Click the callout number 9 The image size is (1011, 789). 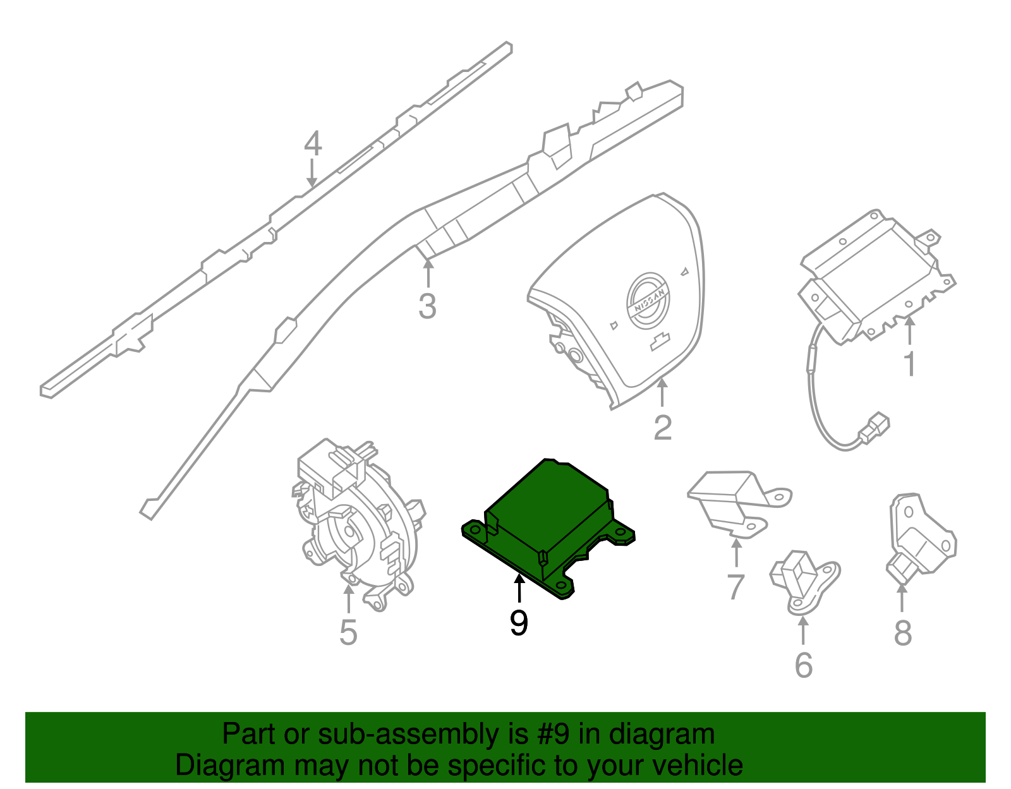(518, 623)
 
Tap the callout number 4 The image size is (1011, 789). (313, 144)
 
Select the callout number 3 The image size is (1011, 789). (428, 306)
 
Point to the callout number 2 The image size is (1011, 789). (662, 428)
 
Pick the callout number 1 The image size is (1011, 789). (909, 364)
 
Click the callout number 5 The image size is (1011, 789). (348, 632)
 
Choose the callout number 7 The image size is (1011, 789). (736, 587)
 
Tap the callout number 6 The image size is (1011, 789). (803, 665)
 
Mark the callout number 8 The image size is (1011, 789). (903, 632)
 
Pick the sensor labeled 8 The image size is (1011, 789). (919, 537)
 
